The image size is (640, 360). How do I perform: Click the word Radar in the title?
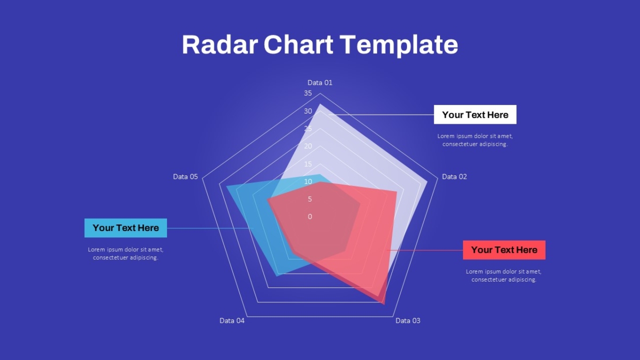[x=220, y=45]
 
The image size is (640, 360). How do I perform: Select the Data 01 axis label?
[x=319, y=83]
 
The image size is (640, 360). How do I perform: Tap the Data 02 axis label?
[x=454, y=177]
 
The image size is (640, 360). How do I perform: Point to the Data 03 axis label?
[x=407, y=321]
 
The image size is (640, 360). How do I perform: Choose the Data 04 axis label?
[x=231, y=321]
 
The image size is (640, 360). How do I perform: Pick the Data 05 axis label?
[x=185, y=177]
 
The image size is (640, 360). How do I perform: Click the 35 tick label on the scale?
[x=308, y=93]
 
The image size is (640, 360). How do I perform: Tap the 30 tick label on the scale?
[x=308, y=111]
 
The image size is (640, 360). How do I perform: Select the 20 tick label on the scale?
[x=308, y=146]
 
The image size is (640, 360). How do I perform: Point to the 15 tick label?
[x=308, y=164]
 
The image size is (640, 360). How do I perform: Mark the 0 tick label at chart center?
[x=310, y=217]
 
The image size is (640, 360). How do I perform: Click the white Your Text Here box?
[x=475, y=115]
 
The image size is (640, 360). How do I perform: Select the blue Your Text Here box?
[x=126, y=228]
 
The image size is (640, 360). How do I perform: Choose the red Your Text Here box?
[x=504, y=250]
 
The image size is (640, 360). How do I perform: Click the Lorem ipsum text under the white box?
[x=475, y=140]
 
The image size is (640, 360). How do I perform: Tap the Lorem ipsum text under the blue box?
[x=126, y=253]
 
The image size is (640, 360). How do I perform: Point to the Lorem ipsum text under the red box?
[x=503, y=275]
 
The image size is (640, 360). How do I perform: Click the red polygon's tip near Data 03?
[x=385, y=305]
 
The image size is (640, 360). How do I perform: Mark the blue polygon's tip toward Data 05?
[x=226, y=187]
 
